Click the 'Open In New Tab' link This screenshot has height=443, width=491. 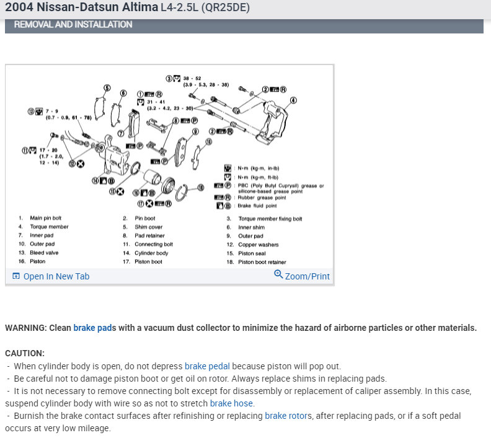click(56, 276)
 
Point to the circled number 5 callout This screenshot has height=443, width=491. click(107, 87)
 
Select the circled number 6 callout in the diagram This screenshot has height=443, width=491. click(123, 93)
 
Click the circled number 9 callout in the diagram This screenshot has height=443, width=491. click(196, 132)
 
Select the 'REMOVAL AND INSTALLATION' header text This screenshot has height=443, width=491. click(73, 25)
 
